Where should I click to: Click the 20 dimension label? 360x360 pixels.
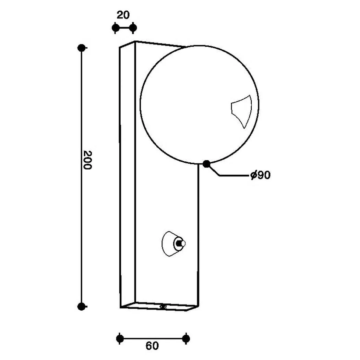click(x=123, y=15)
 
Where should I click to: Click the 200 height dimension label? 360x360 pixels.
click(x=88, y=160)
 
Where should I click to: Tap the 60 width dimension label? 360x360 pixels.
click(x=152, y=346)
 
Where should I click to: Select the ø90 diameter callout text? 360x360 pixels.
click(x=261, y=175)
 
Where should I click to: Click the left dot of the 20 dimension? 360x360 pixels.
click(x=116, y=28)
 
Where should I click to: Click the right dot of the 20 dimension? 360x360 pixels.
click(x=133, y=28)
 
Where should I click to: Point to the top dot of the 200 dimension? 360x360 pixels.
click(x=82, y=48)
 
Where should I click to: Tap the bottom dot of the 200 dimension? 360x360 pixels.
click(x=82, y=307)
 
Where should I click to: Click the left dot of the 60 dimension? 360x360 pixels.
click(x=120, y=339)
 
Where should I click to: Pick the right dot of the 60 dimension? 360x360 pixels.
click(x=186, y=339)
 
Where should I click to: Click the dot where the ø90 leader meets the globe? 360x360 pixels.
click(x=206, y=164)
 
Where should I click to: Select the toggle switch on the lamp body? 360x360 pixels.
click(x=180, y=244)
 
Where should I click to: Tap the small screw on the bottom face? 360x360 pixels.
click(x=163, y=307)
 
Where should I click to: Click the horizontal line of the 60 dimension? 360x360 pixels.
click(x=153, y=339)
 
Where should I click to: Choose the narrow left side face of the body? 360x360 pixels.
click(x=127, y=175)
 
